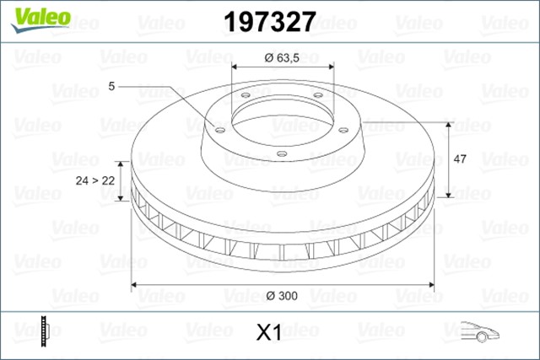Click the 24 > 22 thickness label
pos(95,180)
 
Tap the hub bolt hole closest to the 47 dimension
pos(343,129)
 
